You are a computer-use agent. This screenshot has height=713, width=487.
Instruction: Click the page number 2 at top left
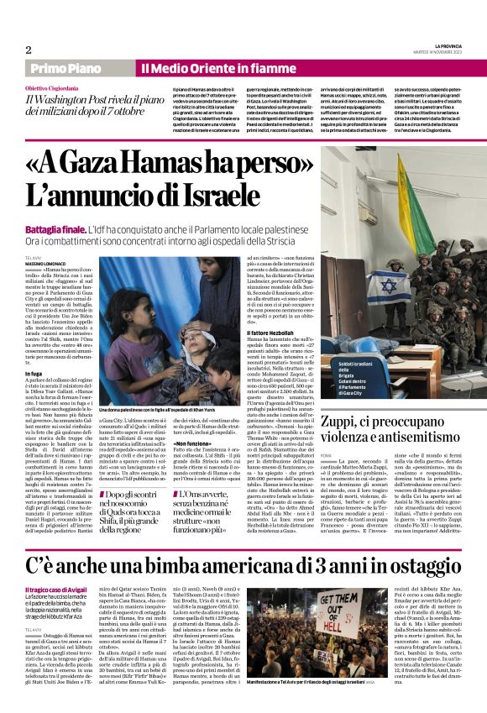click(29, 50)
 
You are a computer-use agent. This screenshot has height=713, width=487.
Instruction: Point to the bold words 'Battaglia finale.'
click(55, 229)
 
